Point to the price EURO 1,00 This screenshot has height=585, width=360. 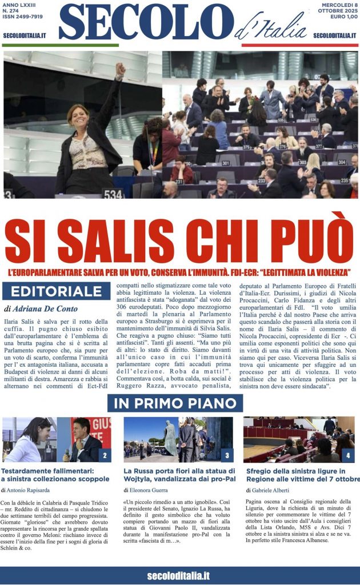[342, 22]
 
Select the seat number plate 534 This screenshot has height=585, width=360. [113, 194]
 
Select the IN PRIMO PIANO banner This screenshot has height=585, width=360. [175, 403]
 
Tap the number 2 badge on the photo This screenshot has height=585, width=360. [105, 455]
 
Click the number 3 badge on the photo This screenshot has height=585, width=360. [226, 455]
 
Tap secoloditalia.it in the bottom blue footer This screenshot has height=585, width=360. [179, 575]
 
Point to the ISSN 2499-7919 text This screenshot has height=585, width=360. [22, 22]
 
